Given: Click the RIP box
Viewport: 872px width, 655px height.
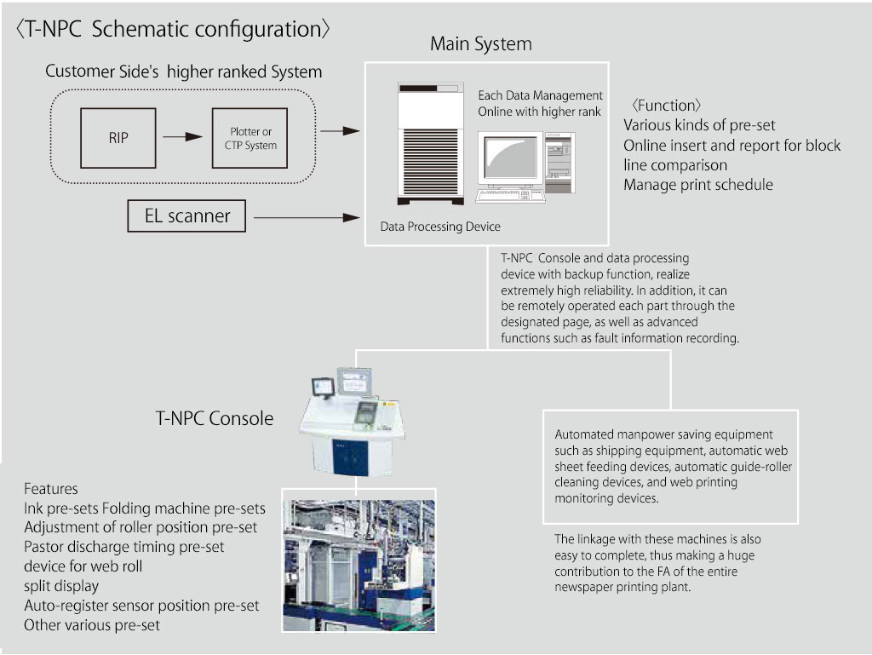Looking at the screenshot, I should (118, 137).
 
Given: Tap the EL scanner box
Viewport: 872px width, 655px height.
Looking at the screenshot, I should (186, 216).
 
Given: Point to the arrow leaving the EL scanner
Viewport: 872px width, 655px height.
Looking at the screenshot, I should (307, 218).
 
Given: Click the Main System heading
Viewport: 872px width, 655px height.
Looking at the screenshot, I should (480, 44).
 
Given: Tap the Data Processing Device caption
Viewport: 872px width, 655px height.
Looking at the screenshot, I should (440, 227).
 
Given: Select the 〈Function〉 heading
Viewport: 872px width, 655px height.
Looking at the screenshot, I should (666, 106).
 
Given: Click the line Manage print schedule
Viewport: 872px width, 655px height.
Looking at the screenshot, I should (698, 185).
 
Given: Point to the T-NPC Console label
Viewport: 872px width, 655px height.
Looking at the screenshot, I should (215, 418).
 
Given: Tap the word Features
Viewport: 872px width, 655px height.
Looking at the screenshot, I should (51, 489).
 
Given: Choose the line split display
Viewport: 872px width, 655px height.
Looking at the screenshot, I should (61, 586).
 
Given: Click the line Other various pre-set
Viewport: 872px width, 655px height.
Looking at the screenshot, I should (92, 625).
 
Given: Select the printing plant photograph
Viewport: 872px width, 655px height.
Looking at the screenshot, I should (359, 560).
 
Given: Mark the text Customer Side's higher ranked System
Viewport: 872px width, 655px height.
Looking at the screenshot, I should (184, 72).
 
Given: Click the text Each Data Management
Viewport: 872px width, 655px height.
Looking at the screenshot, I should (540, 95).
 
